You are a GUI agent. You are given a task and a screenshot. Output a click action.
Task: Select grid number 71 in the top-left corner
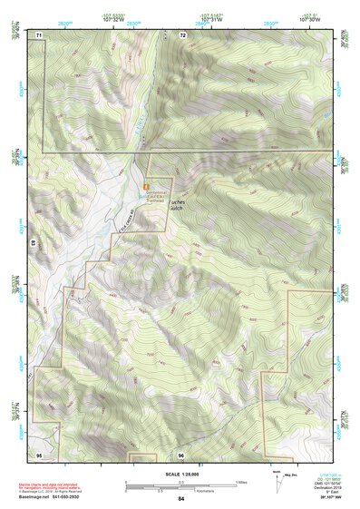point(40,34)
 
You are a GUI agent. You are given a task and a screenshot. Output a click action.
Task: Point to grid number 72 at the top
point(182,34)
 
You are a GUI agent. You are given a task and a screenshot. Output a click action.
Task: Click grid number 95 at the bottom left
point(39,453)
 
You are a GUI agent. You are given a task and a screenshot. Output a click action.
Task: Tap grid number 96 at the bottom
point(181,454)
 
